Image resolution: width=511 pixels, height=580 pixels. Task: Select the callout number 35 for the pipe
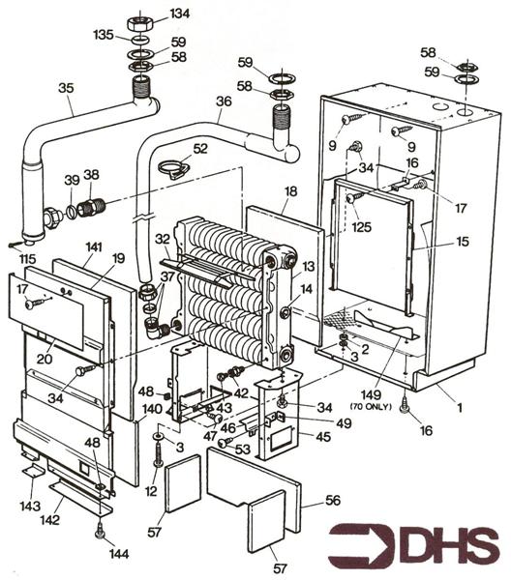(x=66, y=88)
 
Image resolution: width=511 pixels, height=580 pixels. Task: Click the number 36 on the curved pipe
(x=224, y=101)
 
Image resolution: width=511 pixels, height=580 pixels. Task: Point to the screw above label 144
(x=100, y=528)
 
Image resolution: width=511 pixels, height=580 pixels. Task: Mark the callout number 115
(x=25, y=259)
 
